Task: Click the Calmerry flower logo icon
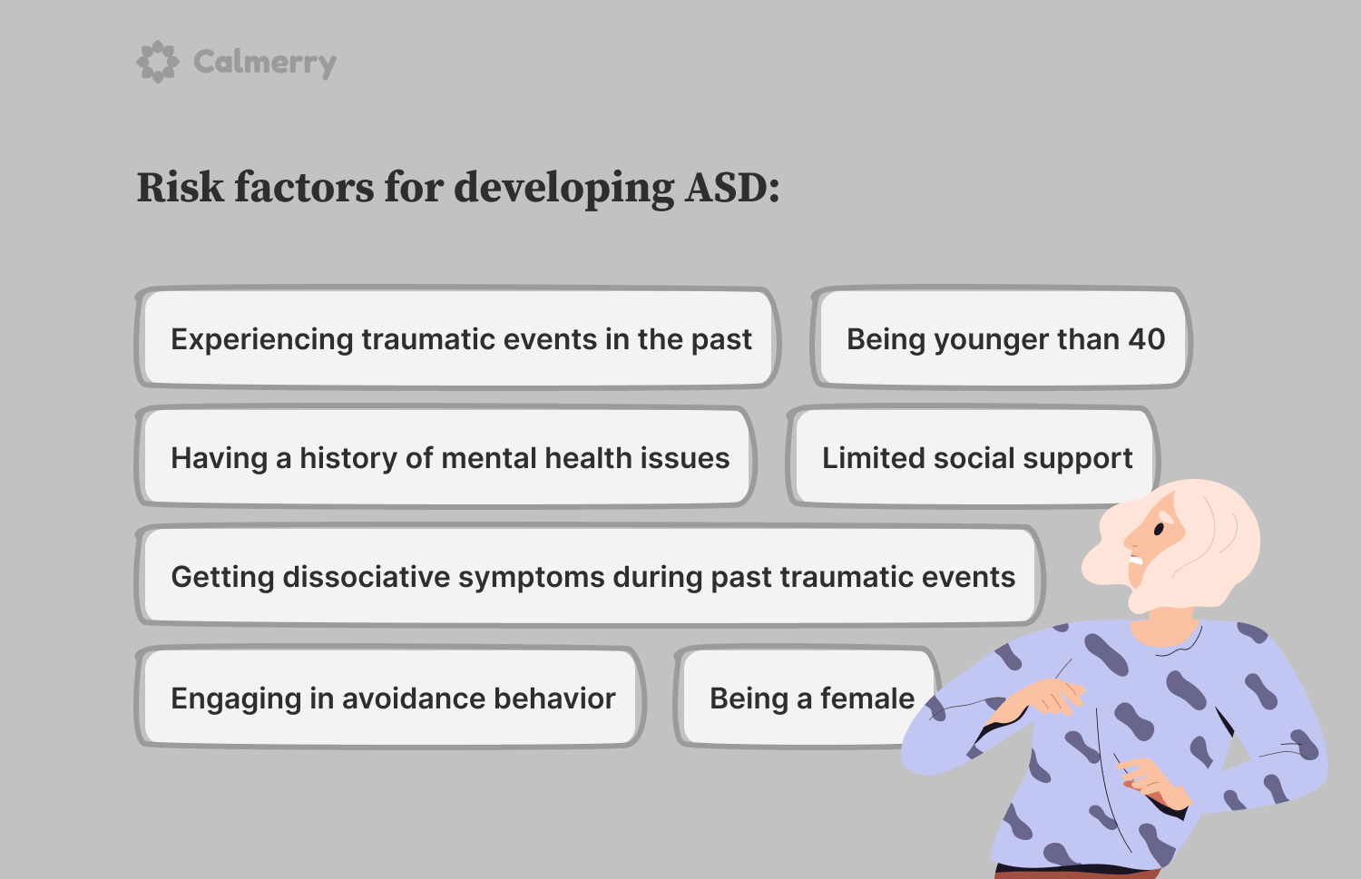click(158, 62)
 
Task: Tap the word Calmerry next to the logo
click(265, 63)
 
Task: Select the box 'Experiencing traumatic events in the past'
click(457, 337)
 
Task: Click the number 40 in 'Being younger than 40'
click(1147, 338)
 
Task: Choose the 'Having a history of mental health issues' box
click(446, 456)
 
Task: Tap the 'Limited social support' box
click(974, 455)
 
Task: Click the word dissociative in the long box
click(366, 577)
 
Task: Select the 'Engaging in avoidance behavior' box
click(390, 697)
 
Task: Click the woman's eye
click(1159, 529)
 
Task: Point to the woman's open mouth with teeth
click(1136, 560)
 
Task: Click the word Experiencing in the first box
click(262, 339)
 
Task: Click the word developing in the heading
click(563, 189)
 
